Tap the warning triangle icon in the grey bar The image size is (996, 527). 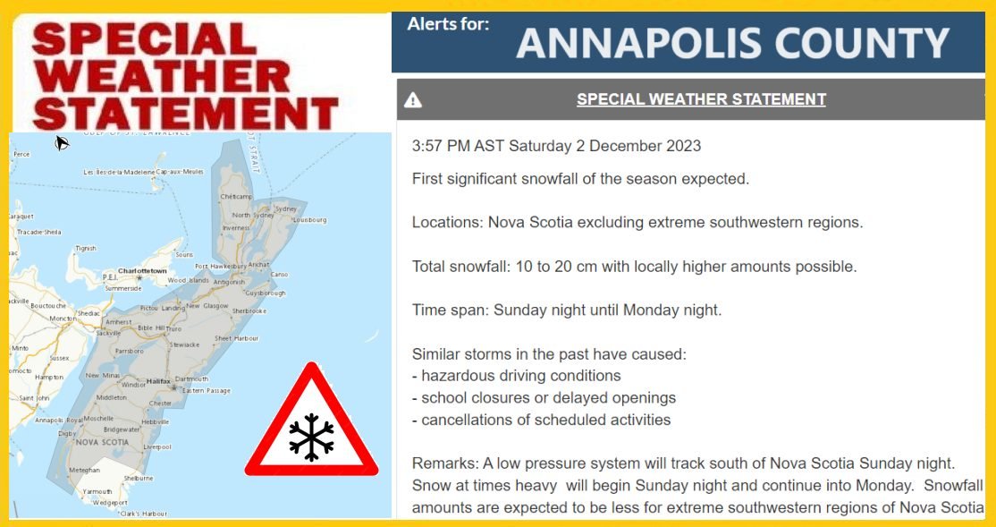tap(413, 100)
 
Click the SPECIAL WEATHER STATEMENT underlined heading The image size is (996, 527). tap(701, 99)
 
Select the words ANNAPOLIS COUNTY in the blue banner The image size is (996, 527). tap(732, 44)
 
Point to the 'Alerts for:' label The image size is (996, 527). tap(448, 24)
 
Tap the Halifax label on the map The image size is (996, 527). tap(157, 381)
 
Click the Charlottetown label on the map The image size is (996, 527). tap(144, 270)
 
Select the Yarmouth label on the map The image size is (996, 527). tap(98, 491)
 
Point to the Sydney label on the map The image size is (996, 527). tap(285, 208)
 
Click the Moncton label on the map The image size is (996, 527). tap(62, 319)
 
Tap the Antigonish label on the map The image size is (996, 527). tap(228, 282)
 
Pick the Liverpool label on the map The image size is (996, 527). tap(156, 446)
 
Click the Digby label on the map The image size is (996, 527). tap(67, 433)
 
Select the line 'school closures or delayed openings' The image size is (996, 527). tap(548, 397)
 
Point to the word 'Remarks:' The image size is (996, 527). tap(445, 463)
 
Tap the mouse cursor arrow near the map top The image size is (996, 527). tap(62, 141)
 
